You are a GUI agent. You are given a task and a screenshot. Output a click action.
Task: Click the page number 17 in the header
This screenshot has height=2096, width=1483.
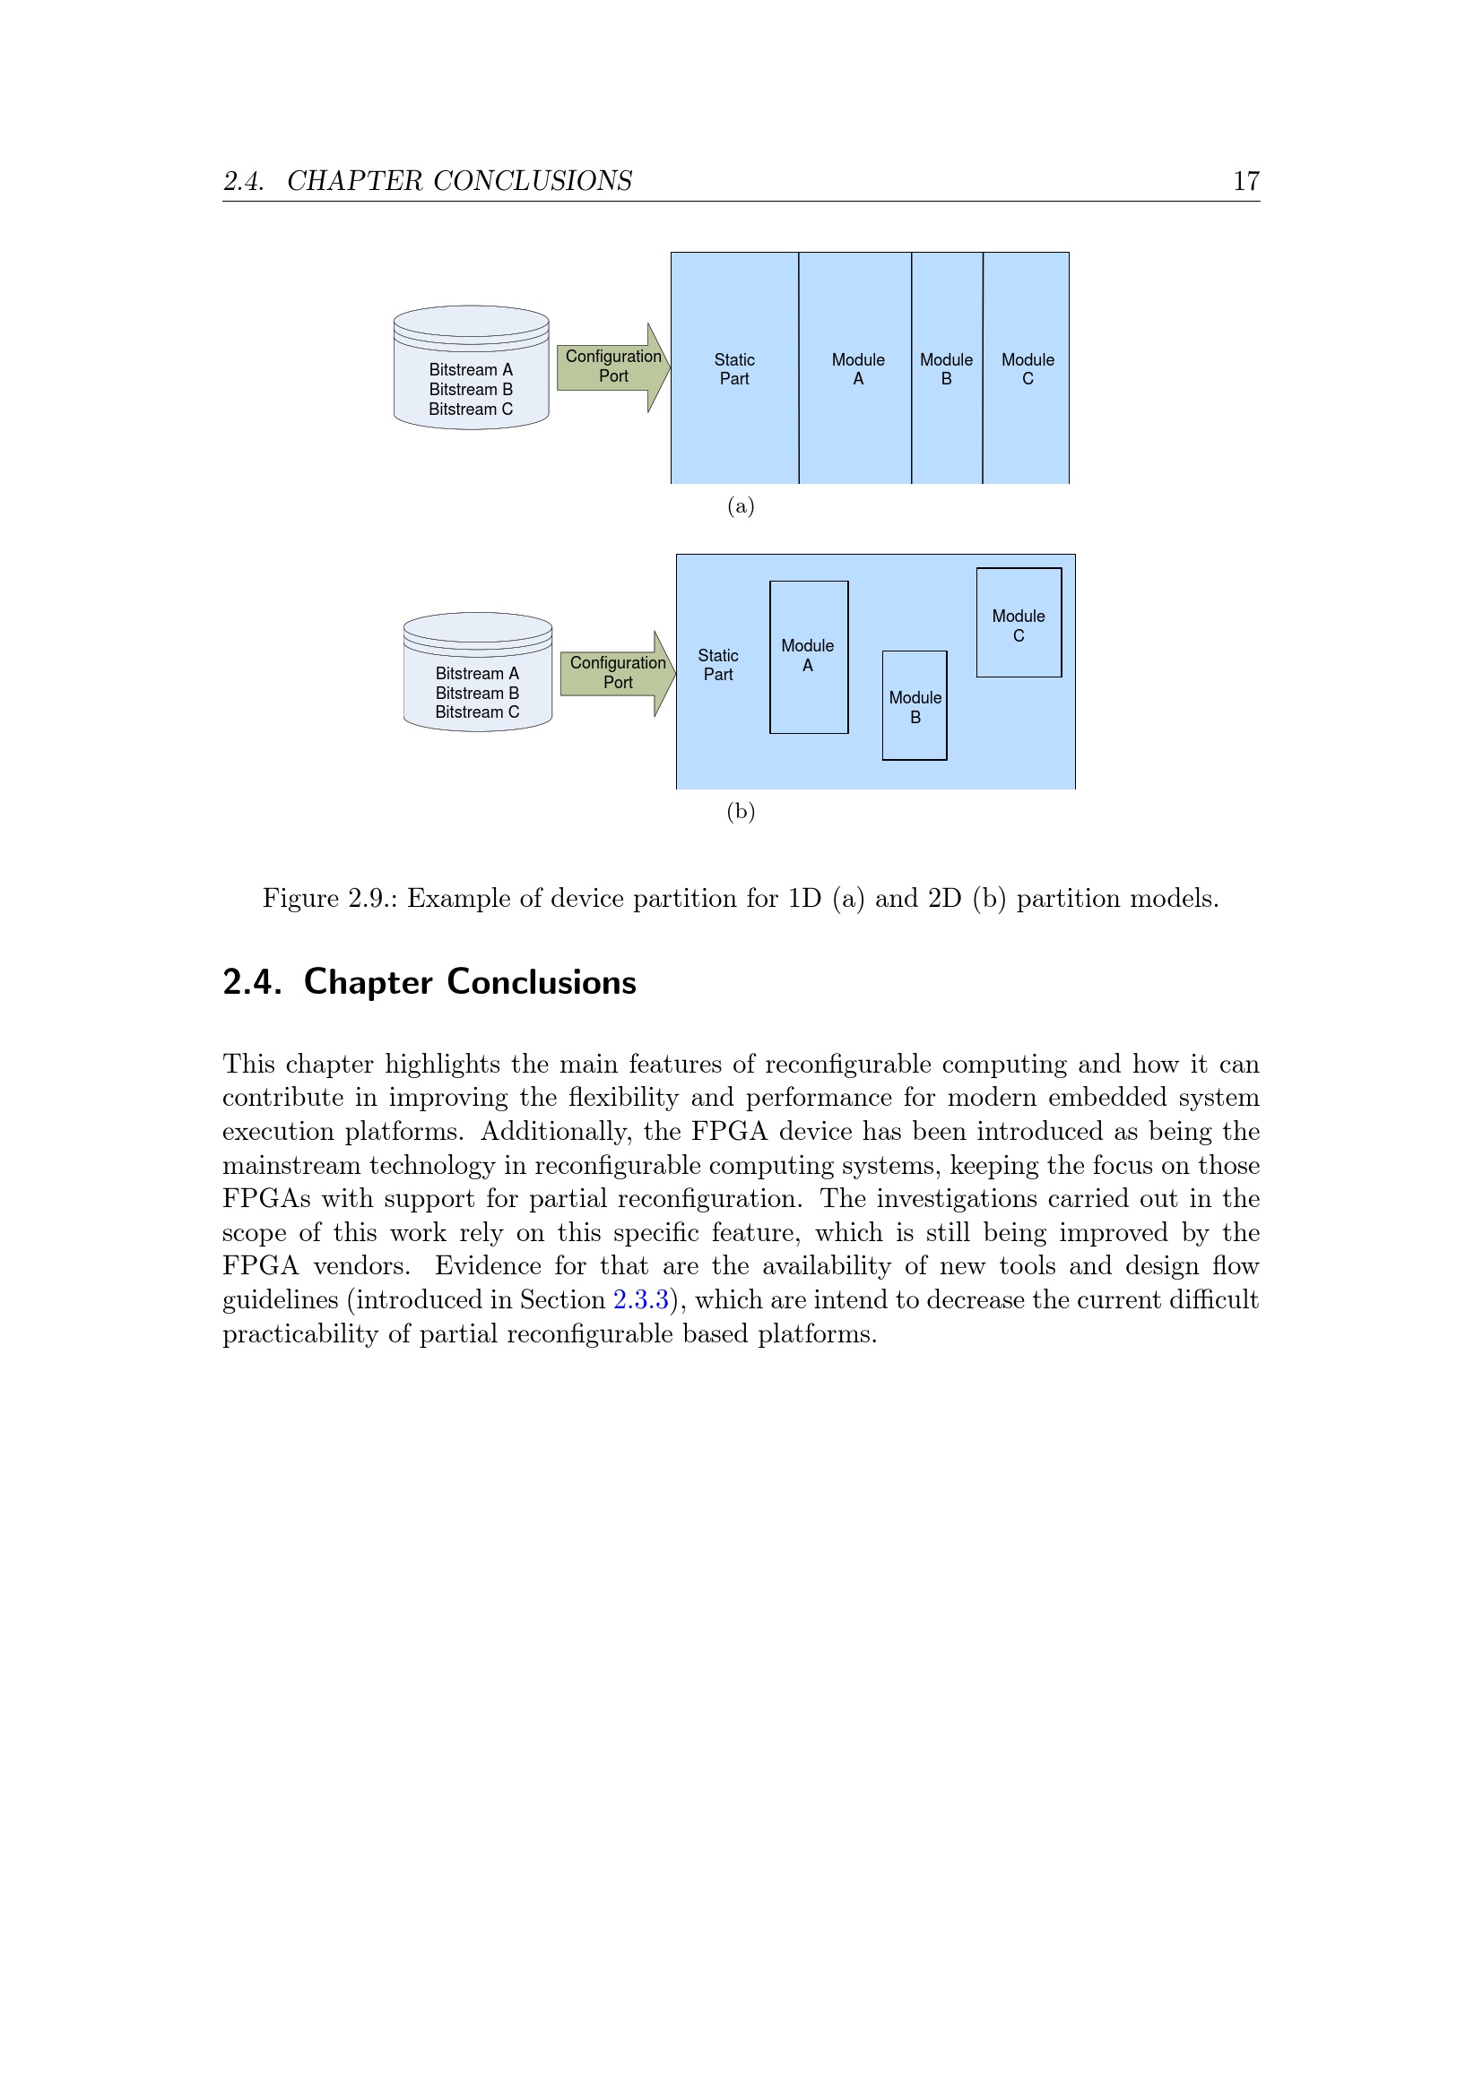click(1245, 181)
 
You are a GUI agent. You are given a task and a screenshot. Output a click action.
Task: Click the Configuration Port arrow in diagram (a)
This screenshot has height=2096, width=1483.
click(612, 367)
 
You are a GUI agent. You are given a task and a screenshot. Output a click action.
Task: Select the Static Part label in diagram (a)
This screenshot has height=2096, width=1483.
click(734, 370)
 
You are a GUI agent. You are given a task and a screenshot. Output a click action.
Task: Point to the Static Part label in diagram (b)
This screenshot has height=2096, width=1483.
click(718, 665)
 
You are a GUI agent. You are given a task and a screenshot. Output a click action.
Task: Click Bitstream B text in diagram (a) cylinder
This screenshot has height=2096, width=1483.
click(472, 390)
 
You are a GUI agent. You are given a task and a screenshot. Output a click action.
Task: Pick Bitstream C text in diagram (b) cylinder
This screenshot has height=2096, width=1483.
click(477, 712)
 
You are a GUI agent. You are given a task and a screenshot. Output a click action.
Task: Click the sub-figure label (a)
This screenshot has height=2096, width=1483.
click(741, 506)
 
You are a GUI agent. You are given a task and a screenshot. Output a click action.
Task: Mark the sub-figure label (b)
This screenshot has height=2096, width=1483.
click(741, 812)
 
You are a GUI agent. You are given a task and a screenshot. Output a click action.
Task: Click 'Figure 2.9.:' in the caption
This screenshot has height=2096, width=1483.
click(330, 899)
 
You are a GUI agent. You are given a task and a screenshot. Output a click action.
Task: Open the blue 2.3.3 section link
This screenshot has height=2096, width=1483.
click(641, 1300)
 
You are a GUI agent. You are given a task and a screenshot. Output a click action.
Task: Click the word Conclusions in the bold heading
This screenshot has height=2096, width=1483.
click(542, 982)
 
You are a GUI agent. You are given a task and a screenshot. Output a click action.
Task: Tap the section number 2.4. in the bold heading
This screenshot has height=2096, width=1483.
click(252, 982)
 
